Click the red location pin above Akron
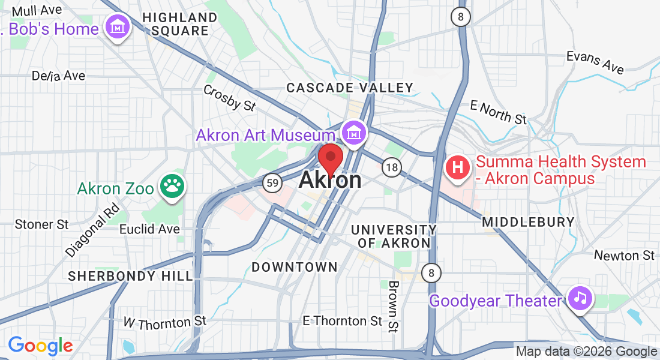click(x=330, y=158)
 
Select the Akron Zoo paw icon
click(x=173, y=187)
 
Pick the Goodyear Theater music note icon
click(x=580, y=298)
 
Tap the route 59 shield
click(x=272, y=184)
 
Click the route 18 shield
click(x=392, y=167)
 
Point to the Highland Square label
click(x=180, y=24)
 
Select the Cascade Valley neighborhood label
click(x=350, y=88)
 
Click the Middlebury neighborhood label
click(x=529, y=222)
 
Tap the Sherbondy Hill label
click(x=130, y=276)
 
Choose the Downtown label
click(x=295, y=266)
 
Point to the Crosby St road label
click(x=229, y=98)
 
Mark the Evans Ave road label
click(x=595, y=62)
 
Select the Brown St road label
click(x=393, y=306)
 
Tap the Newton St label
click(x=624, y=256)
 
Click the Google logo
click(x=40, y=346)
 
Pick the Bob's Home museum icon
click(x=118, y=27)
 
